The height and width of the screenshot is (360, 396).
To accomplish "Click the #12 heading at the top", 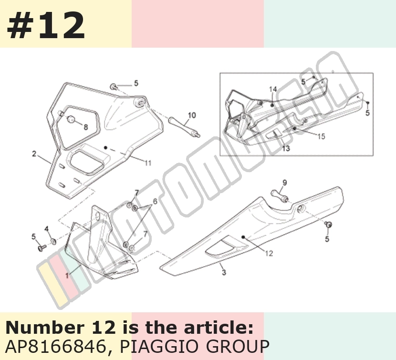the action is point(46,25).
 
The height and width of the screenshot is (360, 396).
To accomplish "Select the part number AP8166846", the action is point(55,346).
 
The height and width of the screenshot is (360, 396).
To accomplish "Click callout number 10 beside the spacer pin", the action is point(192,115).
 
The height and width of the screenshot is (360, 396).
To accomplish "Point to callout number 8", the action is point(85,127).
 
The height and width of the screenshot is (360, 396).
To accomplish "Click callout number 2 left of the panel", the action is point(34,154).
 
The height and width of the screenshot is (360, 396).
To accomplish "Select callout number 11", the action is point(148,163).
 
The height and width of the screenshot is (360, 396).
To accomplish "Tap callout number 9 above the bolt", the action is point(284,183).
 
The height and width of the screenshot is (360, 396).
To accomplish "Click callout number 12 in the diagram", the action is point(269,253).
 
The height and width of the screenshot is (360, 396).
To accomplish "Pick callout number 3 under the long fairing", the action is point(224,272).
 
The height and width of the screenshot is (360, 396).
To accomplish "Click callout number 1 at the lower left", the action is point(67,276).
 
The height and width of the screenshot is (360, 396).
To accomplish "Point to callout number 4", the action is point(46,229).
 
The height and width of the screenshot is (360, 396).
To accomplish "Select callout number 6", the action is point(155,201).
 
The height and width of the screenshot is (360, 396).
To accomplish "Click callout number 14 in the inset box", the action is point(273,89).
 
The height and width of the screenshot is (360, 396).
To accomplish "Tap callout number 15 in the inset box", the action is point(321,136).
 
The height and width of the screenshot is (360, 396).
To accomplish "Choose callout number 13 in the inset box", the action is point(286,148).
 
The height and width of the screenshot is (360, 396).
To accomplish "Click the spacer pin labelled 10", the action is point(184,126).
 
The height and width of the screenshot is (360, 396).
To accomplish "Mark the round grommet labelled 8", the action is point(71,119).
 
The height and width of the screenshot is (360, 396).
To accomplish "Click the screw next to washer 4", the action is point(42,247).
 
